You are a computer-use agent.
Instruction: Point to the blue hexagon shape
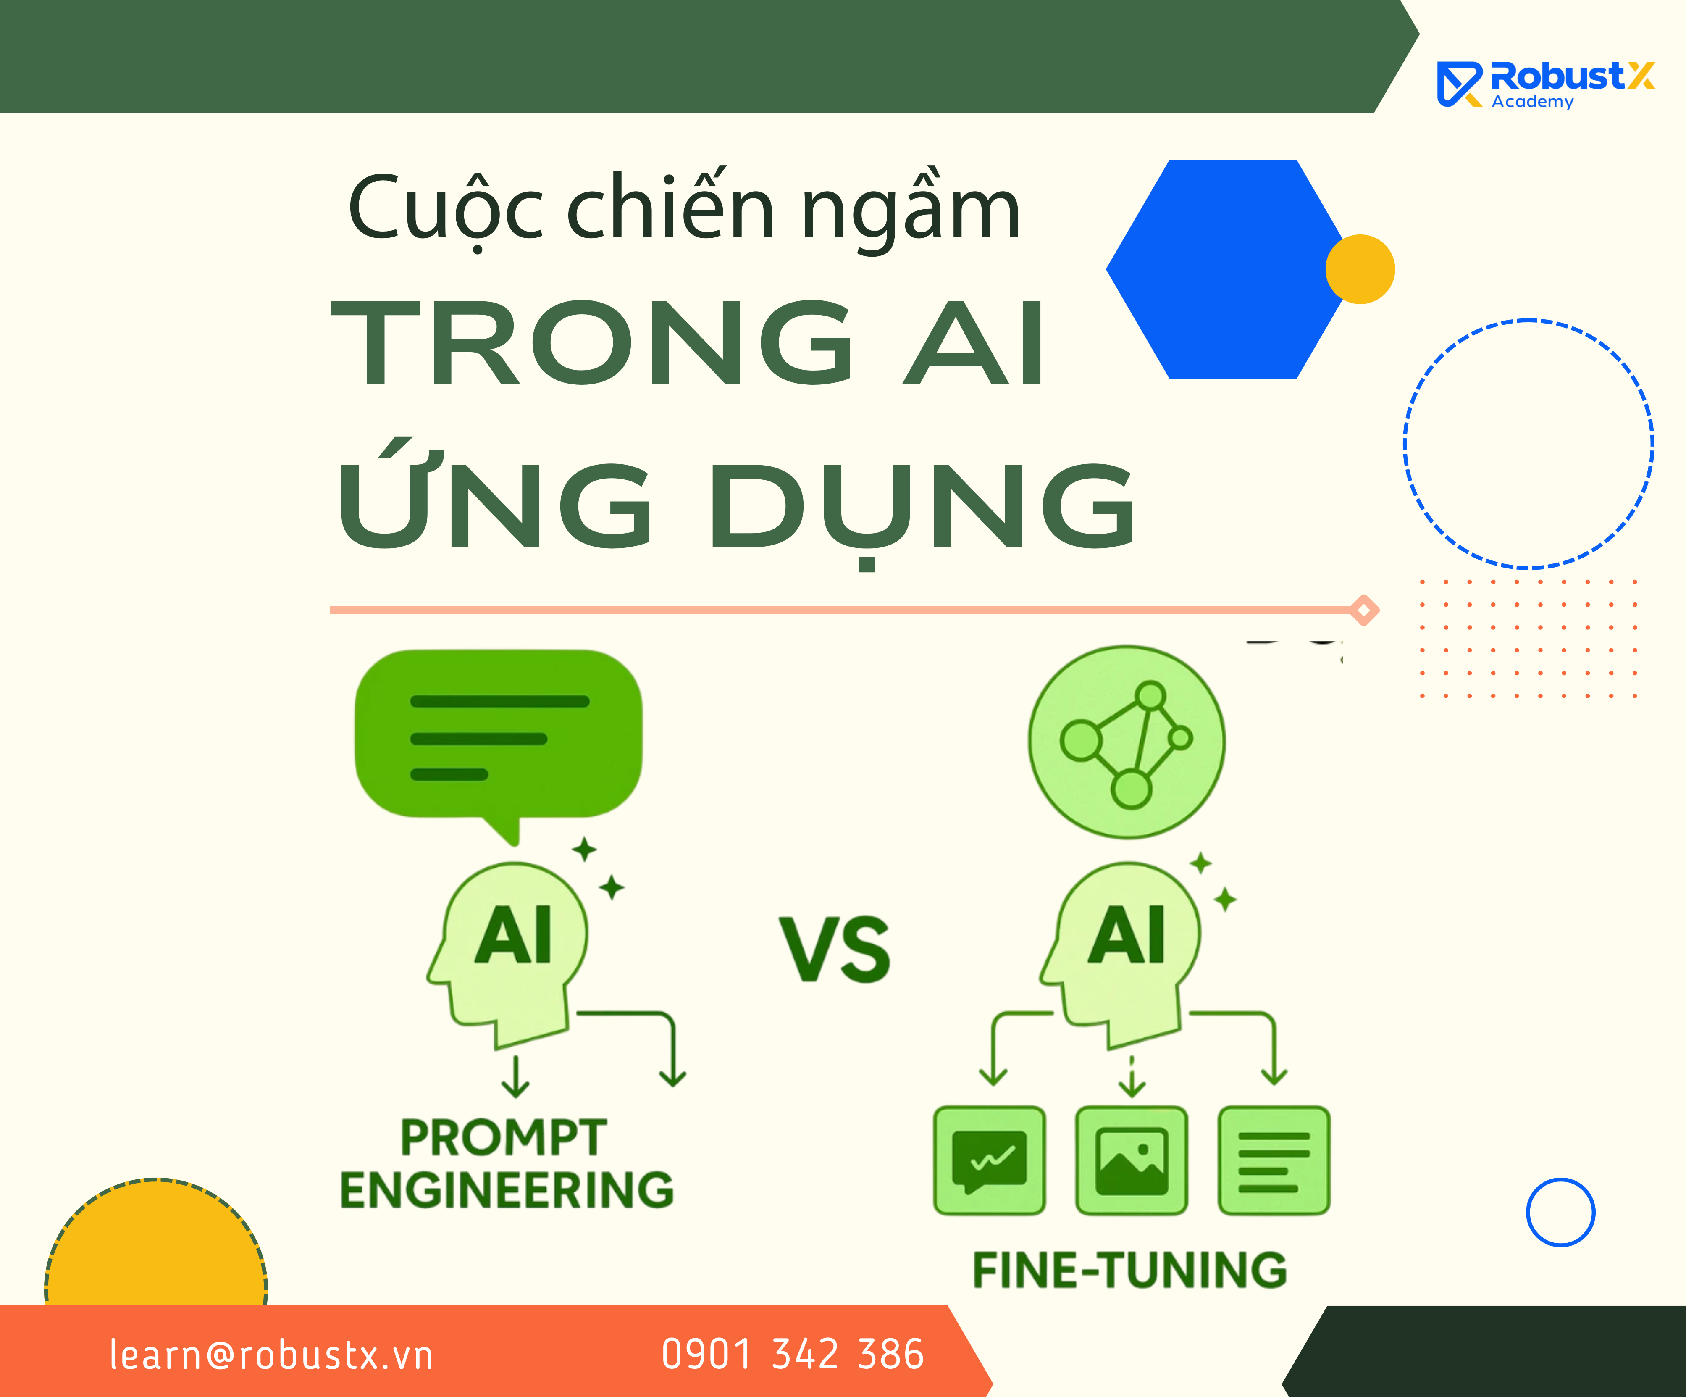(x=1228, y=269)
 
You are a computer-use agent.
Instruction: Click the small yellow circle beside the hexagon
(x=1360, y=269)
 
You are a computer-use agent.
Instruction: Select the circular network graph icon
(x=1127, y=742)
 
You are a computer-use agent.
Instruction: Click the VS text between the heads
(x=835, y=950)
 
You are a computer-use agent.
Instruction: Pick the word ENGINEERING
(x=507, y=1190)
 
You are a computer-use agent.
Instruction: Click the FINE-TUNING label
(x=1129, y=1270)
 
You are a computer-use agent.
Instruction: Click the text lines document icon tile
(x=1274, y=1160)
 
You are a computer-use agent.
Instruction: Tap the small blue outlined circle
(x=1561, y=1212)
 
